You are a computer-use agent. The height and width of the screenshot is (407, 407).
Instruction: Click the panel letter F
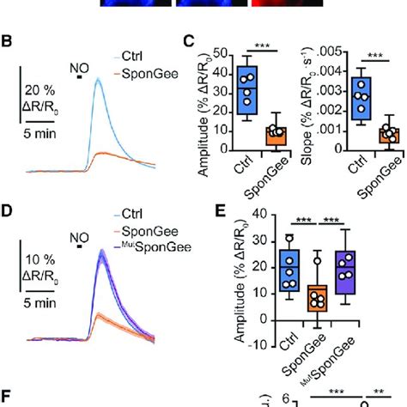point(7,397)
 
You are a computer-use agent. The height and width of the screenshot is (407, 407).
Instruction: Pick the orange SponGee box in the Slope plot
point(368,136)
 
